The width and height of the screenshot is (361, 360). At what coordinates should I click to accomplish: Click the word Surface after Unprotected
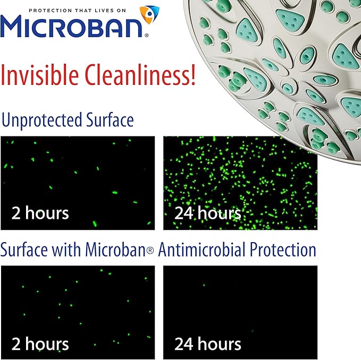pyautogui.click(x=108, y=120)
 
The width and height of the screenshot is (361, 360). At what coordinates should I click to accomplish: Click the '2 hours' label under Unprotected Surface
pyautogui.click(x=40, y=213)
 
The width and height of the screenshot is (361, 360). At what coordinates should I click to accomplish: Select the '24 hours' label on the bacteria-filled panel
pyautogui.click(x=208, y=213)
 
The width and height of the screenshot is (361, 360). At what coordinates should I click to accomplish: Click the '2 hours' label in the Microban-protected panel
pyautogui.click(x=40, y=344)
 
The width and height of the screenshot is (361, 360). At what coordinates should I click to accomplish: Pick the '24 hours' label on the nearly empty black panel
pyautogui.click(x=208, y=344)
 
